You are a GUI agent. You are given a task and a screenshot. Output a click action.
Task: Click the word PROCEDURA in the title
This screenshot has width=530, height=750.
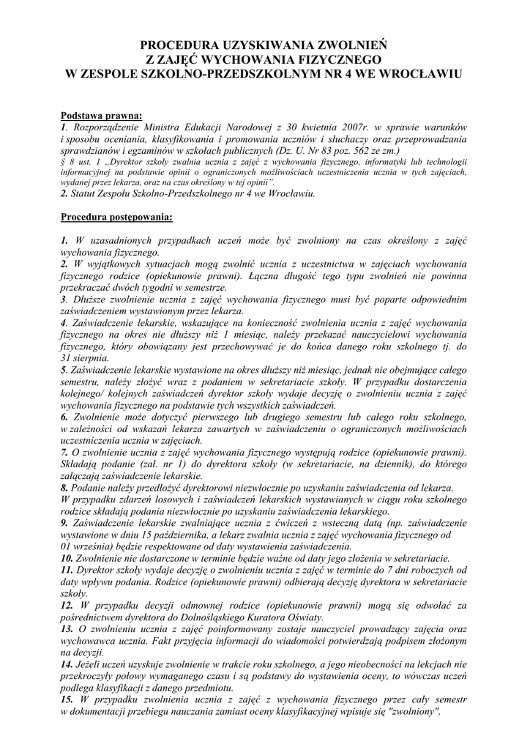175,45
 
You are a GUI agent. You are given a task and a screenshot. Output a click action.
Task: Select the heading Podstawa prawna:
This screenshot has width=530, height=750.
101,115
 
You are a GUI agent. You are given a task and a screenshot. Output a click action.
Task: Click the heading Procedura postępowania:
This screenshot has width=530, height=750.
116,217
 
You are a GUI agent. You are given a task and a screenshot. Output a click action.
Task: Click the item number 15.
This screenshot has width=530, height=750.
67,699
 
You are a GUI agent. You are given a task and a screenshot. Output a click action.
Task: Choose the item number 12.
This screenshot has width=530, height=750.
67,606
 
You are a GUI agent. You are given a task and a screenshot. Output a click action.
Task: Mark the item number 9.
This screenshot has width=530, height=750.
64,523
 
